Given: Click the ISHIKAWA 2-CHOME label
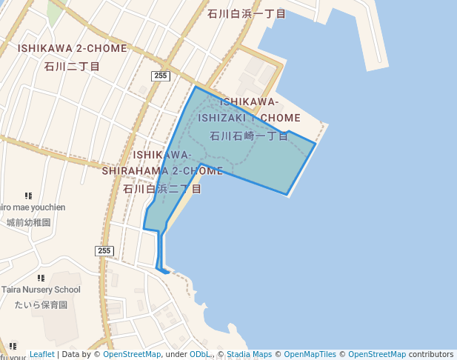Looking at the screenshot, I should [x=73, y=48].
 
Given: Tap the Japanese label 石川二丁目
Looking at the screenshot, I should [x=73, y=66].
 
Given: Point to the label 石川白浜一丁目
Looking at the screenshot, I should [x=247, y=13].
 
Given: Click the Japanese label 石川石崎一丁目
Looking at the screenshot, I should [x=249, y=136].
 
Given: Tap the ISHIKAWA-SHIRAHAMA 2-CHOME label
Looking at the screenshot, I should [x=162, y=163].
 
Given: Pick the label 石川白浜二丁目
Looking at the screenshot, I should [x=162, y=189].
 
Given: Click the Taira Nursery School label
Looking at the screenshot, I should [x=41, y=290].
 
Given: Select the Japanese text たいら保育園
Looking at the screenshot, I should [x=41, y=304].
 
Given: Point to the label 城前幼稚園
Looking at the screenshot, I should [x=28, y=222].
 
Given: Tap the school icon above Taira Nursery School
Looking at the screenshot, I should [x=41, y=277].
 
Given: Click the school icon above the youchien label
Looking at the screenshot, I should [x=28, y=196].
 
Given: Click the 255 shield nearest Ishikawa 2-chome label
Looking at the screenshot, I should [x=161, y=76].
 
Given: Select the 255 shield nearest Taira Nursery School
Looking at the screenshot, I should [x=104, y=251].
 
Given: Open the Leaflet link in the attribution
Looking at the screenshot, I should [x=41, y=355].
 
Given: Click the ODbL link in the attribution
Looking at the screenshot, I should [x=199, y=355].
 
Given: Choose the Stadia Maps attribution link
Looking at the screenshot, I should [x=249, y=355].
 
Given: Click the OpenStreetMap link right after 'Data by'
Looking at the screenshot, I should [x=132, y=355].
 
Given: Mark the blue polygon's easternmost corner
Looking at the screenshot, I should [x=316, y=144].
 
